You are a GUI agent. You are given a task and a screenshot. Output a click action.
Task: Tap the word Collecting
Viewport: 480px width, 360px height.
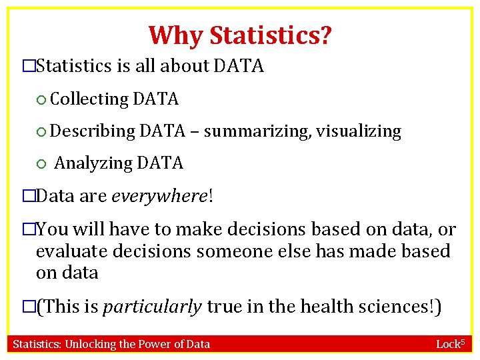click(89, 99)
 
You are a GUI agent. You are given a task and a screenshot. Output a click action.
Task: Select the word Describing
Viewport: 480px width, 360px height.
click(92, 131)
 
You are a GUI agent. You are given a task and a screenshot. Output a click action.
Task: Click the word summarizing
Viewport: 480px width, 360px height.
click(256, 131)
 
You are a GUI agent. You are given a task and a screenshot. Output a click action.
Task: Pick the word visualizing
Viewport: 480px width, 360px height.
click(359, 131)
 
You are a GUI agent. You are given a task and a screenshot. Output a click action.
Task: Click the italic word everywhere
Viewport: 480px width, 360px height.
click(159, 196)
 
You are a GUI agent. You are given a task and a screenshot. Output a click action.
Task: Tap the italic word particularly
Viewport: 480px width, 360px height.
click(152, 307)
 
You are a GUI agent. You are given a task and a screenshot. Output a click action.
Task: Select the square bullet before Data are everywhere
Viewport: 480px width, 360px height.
click(28, 197)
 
